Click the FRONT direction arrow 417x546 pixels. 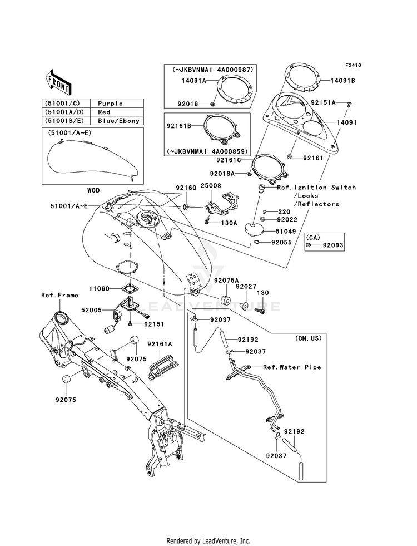pyautogui.click(x=58, y=82)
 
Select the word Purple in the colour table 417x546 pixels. pyautogui.click(x=110, y=104)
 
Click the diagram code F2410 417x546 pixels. pyautogui.click(x=354, y=65)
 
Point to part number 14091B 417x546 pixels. pyautogui.click(x=343, y=81)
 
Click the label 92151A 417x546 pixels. pyautogui.click(x=323, y=103)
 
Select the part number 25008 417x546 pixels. pyautogui.click(x=211, y=186)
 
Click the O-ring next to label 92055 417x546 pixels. pyautogui.click(x=257, y=242)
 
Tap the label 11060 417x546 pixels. pyautogui.click(x=99, y=289)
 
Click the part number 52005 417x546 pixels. pyautogui.click(x=92, y=310)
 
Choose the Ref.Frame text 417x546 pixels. pyautogui.click(x=59, y=296)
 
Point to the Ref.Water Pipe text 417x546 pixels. pyautogui.click(x=292, y=367)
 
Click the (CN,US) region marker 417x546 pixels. pyautogui.click(x=309, y=338)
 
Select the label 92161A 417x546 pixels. pyautogui.click(x=160, y=344)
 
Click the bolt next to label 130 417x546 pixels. pyautogui.click(x=261, y=309)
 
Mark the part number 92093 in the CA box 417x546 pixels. pyautogui.click(x=333, y=245)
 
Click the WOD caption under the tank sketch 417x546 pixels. pyautogui.click(x=93, y=190)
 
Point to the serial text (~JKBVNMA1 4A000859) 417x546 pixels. pyautogui.click(x=207, y=151)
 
